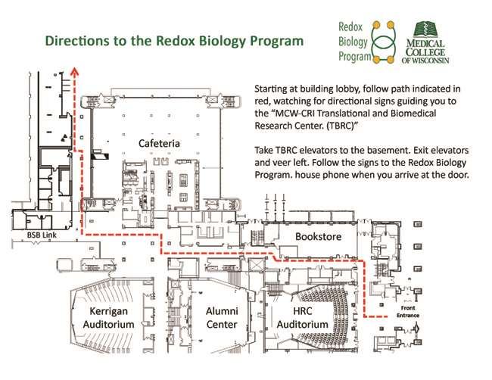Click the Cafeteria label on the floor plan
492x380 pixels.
(157, 143)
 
